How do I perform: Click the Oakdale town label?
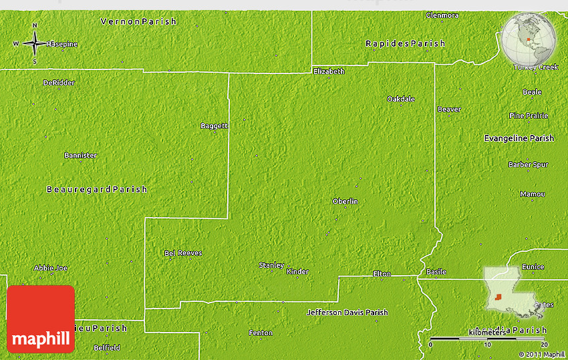point(401,99)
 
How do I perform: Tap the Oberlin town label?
point(345,201)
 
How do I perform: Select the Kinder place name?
point(297,272)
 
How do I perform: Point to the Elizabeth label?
point(329,71)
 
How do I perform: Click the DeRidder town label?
point(59,83)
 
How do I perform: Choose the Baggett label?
point(214,126)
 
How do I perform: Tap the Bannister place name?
point(80,155)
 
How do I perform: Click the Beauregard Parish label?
point(97,189)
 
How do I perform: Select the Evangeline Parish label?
point(519,138)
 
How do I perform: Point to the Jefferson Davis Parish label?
point(347,312)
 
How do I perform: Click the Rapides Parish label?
point(405,43)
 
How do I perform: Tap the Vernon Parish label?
point(138,21)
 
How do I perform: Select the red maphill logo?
point(41,319)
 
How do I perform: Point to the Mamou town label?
point(533,194)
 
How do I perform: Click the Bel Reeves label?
point(183,253)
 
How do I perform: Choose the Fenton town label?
point(260,333)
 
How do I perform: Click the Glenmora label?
point(442,15)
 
